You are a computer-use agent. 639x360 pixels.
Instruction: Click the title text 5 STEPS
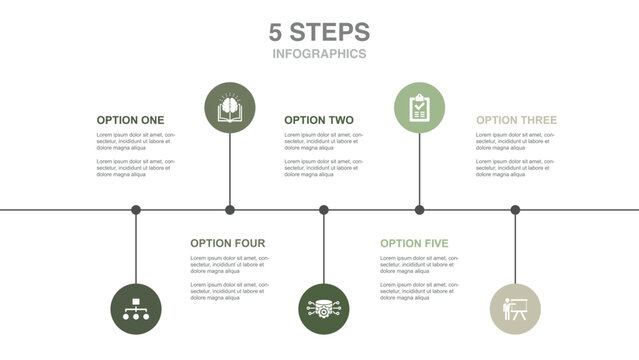(319, 31)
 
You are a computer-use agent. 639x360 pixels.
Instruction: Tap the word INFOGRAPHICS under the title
(319, 54)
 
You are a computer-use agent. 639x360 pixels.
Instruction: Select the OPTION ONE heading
(130, 120)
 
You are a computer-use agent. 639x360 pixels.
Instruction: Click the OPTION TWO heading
(318, 120)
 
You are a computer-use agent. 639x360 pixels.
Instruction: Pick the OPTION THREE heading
(516, 120)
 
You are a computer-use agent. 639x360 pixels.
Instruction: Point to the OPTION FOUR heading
(227, 243)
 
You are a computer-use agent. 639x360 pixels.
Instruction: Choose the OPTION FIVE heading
(414, 243)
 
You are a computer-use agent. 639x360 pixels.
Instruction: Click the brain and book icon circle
(230, 107)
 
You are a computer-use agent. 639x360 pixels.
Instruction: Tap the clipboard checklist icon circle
(419, 107)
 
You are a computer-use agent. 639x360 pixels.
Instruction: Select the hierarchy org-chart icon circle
(135, 309)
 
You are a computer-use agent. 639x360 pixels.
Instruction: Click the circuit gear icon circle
(324, 309)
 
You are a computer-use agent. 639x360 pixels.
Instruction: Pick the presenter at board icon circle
(515, 309)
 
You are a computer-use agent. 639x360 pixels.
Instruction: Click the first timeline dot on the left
(136, 210)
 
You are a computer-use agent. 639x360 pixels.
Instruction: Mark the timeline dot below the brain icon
(230, 210)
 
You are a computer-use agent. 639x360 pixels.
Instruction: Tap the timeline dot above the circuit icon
(324, 210)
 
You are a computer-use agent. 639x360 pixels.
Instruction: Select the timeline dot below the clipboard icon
(419, 210)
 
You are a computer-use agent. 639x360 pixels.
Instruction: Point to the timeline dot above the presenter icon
(515, 210)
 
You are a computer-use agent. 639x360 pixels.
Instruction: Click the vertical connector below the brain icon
(230, 170)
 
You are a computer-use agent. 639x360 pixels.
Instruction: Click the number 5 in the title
(277, 31)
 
